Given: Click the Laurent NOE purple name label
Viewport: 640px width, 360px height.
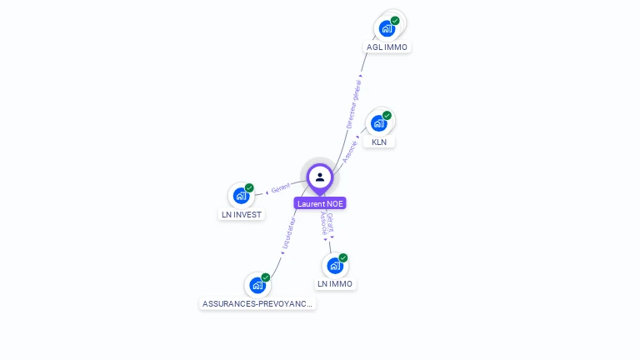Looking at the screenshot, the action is coord(320,203).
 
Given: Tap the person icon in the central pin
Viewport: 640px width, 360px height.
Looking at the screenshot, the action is coord(320,177).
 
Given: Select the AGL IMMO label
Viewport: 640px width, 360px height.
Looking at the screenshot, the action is coord(387,47).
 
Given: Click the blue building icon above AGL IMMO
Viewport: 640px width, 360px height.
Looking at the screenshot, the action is coord(387,28).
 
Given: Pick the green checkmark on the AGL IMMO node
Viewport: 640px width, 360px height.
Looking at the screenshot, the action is coord(395,20).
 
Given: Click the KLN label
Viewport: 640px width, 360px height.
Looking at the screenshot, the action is coord(379,142).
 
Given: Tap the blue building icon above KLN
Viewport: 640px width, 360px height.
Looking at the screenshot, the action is coord(379,123).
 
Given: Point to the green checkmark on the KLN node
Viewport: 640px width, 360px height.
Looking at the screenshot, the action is coord(387,116).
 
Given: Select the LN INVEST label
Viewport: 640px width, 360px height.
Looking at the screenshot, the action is coord(242,215).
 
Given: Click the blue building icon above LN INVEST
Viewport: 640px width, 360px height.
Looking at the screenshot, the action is coord(241,196).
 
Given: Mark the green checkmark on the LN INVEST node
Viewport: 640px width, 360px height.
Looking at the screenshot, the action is coord(249,187).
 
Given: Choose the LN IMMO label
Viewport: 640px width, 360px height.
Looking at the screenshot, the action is coord(335,283).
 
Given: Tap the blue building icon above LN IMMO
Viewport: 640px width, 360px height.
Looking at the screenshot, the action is coord(335,266).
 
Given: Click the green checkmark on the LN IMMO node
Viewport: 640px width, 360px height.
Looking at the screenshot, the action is coord(343,257).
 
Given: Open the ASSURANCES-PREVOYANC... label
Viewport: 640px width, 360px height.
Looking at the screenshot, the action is coord(257,303).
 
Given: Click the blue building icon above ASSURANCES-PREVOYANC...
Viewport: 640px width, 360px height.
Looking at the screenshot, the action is coord(257,285).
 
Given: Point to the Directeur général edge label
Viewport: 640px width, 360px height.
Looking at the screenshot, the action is coord(353,104).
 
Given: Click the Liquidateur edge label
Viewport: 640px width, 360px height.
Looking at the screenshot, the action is coord(289,232).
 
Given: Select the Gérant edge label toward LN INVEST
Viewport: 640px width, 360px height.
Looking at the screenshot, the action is coord(280,187).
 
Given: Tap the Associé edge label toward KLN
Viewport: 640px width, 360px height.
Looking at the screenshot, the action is coord(350,152).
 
